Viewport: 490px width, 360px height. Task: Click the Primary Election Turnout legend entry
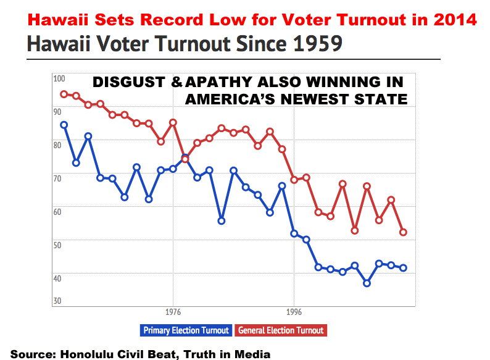pyautogui.click(x=186, y=330)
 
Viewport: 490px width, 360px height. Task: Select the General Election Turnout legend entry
pyautogui.click(x=281, y=330)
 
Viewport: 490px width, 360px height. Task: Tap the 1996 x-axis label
pyautogui.click(x=294, y=312)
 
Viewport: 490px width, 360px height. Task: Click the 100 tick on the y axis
pyautogui.click(x=59, y=79)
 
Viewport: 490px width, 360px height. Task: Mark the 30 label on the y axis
pyautogui.click(x=58, y=301)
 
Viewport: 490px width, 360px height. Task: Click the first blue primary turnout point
pyautogui.click(x=64, y=125)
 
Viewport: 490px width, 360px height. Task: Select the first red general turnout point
pyautogui.click(x=64, y=94)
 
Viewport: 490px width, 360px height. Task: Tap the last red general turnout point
pyautogui.click(x=403, y=232)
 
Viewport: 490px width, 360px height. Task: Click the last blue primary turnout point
pyautogui.click(x=403, y=267)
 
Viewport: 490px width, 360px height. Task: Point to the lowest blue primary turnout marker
pyautogui.click(x=367, y=283)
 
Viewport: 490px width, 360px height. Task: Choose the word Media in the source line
pyautogui.click(x=254, y=354)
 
